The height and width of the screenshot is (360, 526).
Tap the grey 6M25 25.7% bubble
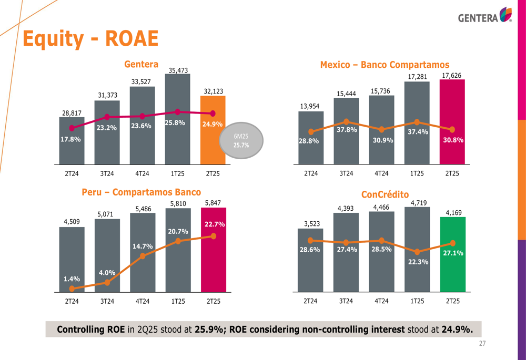pos(241,141)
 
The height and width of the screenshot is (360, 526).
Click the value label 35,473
pos(178,70)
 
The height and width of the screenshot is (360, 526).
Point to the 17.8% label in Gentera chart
pos(71,139)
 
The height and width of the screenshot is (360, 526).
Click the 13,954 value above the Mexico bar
pos(310,106)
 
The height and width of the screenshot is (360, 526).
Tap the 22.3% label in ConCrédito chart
pos(418,262)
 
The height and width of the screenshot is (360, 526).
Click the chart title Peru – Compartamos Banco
pos(141,192)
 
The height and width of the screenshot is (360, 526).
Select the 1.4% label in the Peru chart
pos(72,279)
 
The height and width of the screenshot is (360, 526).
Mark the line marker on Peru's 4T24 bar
pos(143,256)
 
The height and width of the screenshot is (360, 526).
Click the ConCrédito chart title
pos(385,194)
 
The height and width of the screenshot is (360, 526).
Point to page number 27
pos(482,344)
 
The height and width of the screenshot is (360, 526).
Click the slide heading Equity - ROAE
pos(90,39)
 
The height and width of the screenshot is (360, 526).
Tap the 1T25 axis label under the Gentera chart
pos(178,173)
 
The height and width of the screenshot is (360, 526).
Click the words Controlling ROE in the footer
pos(90,330)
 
